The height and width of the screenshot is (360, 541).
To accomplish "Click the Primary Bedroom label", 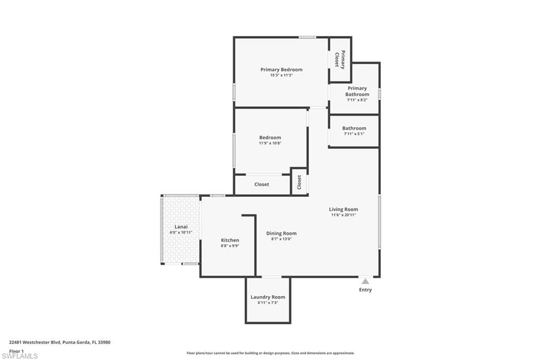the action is [281, 70].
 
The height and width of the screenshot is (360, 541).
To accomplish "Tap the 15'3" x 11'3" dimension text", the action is [281, 75].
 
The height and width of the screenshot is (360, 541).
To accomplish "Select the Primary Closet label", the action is [340, 60].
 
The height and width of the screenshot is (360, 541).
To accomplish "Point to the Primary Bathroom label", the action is [357, 91].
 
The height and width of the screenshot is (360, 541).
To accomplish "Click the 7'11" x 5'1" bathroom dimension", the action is [354, 134].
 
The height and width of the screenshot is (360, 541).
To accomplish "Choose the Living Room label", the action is [343, 210].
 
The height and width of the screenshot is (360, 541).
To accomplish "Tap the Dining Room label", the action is [281, 233].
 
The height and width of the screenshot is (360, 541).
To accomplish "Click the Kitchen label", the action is [230, 240].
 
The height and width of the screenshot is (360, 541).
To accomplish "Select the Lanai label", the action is [181, 227].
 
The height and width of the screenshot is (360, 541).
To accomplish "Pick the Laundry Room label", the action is [268, 297].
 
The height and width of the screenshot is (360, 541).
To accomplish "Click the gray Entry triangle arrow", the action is [366, 281].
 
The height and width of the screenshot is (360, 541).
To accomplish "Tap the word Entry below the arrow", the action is [366, 290].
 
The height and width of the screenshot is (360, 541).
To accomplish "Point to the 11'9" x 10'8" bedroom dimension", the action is [270, 143].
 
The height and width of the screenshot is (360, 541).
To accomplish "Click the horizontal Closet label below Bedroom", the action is [262, 184].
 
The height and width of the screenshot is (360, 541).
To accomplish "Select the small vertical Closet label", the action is [299, 182].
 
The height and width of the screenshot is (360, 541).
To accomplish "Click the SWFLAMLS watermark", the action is [20, 356].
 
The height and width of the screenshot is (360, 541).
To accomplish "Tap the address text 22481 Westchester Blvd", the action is [35, 343].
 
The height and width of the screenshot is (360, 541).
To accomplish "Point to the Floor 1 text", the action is [16, 351].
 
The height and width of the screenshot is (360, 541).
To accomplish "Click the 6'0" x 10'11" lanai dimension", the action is [181, 232].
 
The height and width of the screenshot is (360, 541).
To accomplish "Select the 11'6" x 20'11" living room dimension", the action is [343, 215].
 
